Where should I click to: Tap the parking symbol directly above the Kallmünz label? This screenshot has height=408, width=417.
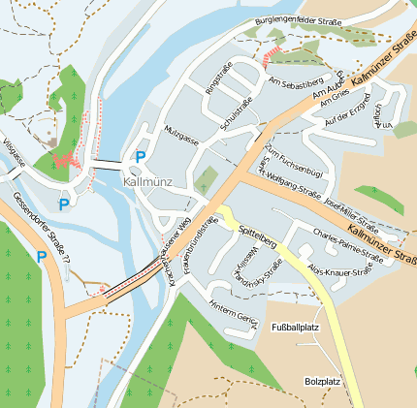141,157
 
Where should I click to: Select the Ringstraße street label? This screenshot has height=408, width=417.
212,78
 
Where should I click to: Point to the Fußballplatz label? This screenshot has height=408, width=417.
295,328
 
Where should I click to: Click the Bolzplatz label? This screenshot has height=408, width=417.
321,381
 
